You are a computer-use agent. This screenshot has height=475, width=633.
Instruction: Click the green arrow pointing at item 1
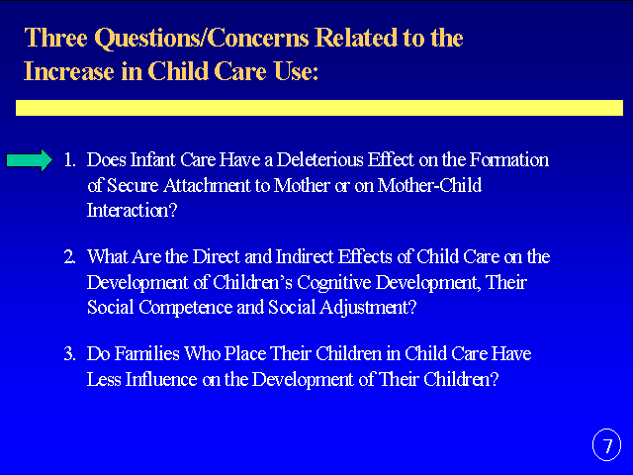click(x=30, y=160)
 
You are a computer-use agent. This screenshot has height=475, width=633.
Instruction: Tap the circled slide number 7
click(x=606, y=444)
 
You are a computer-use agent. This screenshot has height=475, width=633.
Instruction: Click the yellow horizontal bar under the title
click(x=319, y=108)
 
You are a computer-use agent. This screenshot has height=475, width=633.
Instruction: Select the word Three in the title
click(x=56, y=38)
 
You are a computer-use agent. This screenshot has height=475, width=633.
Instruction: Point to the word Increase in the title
click(x=69, y=71)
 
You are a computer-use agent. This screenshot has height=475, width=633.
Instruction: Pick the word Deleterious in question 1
click(x=319, y=160)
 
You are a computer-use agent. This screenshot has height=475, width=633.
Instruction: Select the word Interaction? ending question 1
click(x=132, y=211)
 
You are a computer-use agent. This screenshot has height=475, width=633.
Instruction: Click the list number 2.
click(x=69, y=257)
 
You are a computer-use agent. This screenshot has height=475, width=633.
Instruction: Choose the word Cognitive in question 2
click(x=333, y=282)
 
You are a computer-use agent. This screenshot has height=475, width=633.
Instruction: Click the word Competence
click(x=185, y=308)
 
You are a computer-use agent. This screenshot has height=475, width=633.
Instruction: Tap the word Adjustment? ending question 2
click(x=368, y=308)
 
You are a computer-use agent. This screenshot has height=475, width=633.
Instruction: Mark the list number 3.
click(x=69, y=354)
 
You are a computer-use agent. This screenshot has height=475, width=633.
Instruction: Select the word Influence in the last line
click(x=161, y=379)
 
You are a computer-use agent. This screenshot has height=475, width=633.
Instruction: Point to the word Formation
click(x=509, y=160)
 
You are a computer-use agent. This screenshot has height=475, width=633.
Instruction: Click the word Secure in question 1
click(x=133, y=185)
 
